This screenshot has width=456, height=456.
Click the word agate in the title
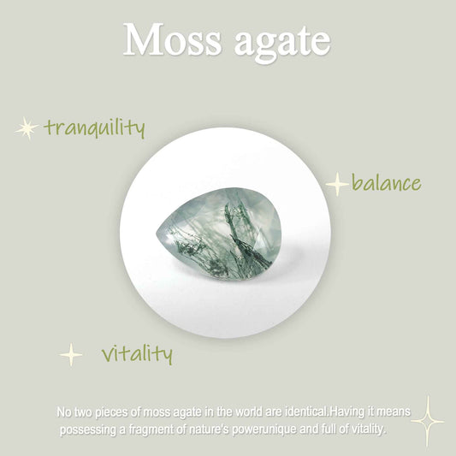point(275,41)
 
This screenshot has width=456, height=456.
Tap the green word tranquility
point(95,128)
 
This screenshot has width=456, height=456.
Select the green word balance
point(386,182)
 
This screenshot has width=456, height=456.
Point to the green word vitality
point(137,352)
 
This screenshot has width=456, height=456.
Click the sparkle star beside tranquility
point(27,129)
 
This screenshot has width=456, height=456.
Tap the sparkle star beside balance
point(338,183)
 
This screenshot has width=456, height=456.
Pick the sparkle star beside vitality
point(72,354)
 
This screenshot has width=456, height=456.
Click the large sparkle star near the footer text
point(427,421)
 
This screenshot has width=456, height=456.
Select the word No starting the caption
point(63,412)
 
